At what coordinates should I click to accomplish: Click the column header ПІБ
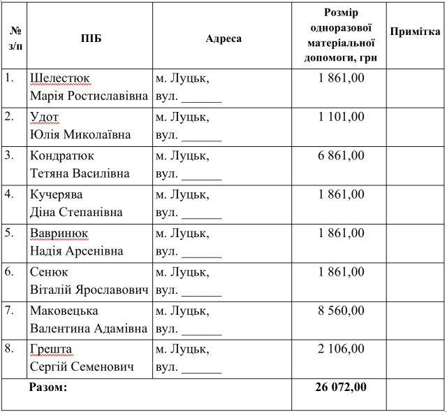pos(91,38)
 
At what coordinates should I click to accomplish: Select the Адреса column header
pos(223,38)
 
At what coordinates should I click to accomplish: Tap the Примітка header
pos(416,32)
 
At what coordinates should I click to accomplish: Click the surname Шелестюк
pos(60,78)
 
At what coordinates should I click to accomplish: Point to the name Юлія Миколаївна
pos(80,134)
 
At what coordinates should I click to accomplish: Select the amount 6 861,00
pos(341,155)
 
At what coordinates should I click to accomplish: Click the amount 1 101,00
pos(341,116)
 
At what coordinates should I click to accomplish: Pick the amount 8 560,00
pos(341,310)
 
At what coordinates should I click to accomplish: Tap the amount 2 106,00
pos(341,348)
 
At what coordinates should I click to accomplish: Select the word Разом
pos(47,386)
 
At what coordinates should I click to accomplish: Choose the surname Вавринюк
pos(59,233)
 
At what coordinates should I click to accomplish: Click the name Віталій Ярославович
pos(89,290)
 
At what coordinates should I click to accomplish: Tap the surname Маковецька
pos(64,311)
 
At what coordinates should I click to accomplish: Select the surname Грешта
pos(51,349)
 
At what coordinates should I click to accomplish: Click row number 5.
pos(10,232)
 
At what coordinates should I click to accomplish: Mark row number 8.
pos(10,348)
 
